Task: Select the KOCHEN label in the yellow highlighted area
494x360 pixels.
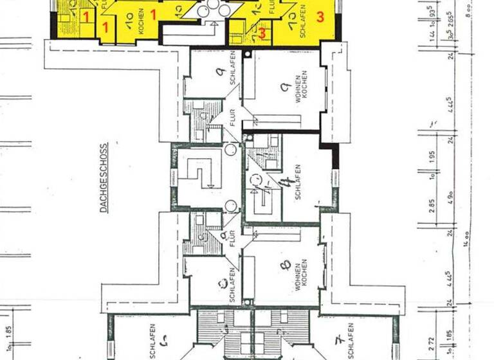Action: coord(141,21)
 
